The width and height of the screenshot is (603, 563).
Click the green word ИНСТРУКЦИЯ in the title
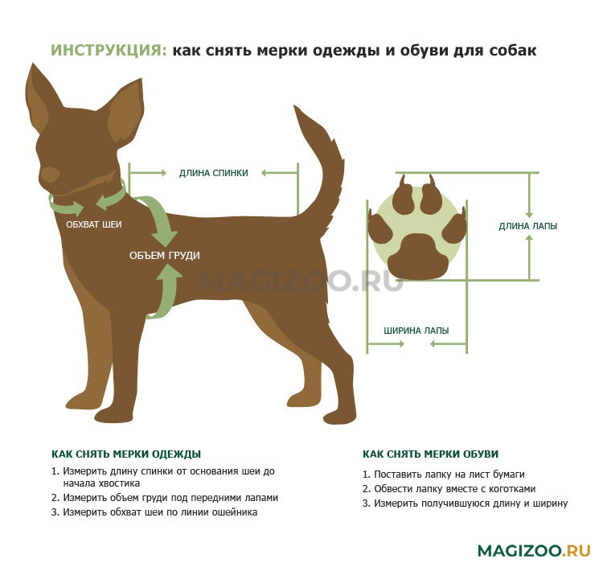(x=109, y=51)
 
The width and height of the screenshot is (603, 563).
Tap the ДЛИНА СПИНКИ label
(x=213, y=173)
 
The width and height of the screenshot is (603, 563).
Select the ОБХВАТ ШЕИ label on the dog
(x=94, y=224)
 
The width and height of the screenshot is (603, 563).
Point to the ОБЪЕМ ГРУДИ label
(x=165, y=256)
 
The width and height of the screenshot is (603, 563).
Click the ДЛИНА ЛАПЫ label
(x=528, y=226)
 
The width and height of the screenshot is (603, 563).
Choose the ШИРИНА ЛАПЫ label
(x=416, y=331)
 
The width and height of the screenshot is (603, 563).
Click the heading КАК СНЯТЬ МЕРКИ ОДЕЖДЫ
(x=126, y=454)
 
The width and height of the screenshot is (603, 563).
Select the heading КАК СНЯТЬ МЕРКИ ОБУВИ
(x=430, y=454)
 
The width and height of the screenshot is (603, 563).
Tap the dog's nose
(x=50, y=175)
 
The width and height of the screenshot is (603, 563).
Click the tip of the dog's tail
(x=295, y=106)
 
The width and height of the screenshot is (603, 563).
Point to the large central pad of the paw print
(x=418, y=257)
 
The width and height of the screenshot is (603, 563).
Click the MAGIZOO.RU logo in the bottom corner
(x=534, y=550)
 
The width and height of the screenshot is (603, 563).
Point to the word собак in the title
(x=513, y=51)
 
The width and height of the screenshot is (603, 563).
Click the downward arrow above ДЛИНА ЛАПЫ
(x=529, y=195)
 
